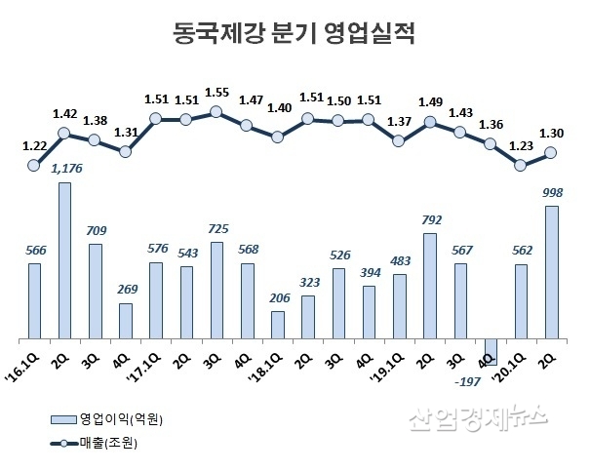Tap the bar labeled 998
click(x=552, y=272)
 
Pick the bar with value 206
click(x=278, y=325)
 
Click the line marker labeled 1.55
click(x=216, y=112)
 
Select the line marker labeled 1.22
click(x=34, y=165)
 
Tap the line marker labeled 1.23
click(x=521, y=165)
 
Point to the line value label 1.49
click(x=430, y=101)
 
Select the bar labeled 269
click(x=126, y=321)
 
